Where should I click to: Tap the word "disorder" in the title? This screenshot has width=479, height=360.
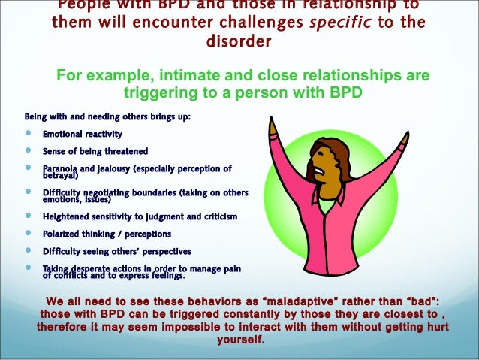[239, 41]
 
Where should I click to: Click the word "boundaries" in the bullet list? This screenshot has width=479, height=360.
[150, 192]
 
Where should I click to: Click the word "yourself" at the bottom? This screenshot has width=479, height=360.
[239, 339]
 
